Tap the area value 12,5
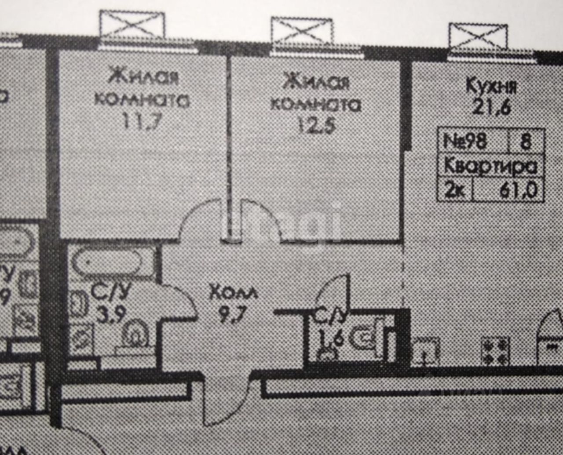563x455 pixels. pos(316,126)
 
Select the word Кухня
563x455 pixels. pos(491,86)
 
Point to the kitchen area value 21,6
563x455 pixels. pos(491,107)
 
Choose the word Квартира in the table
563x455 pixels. pos(491,167)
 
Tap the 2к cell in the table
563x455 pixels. pos(454,191)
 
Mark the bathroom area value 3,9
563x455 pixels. pos(111,315)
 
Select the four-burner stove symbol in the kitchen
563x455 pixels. pos(495,351)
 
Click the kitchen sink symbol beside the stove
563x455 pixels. pos(425,351)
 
